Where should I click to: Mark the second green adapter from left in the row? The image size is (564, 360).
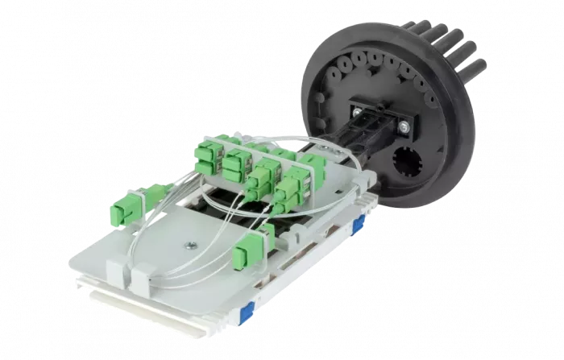237,163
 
